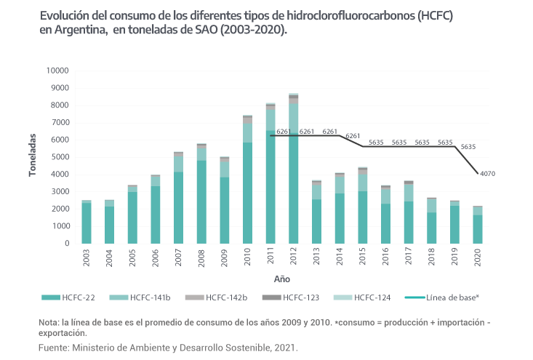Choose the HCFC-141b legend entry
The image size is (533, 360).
[149, 297]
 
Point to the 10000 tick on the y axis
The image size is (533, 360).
[57, 71]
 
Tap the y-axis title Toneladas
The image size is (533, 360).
[33, 155]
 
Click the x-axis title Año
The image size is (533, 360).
[281, 278]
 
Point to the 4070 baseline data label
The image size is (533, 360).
[486, 174]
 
